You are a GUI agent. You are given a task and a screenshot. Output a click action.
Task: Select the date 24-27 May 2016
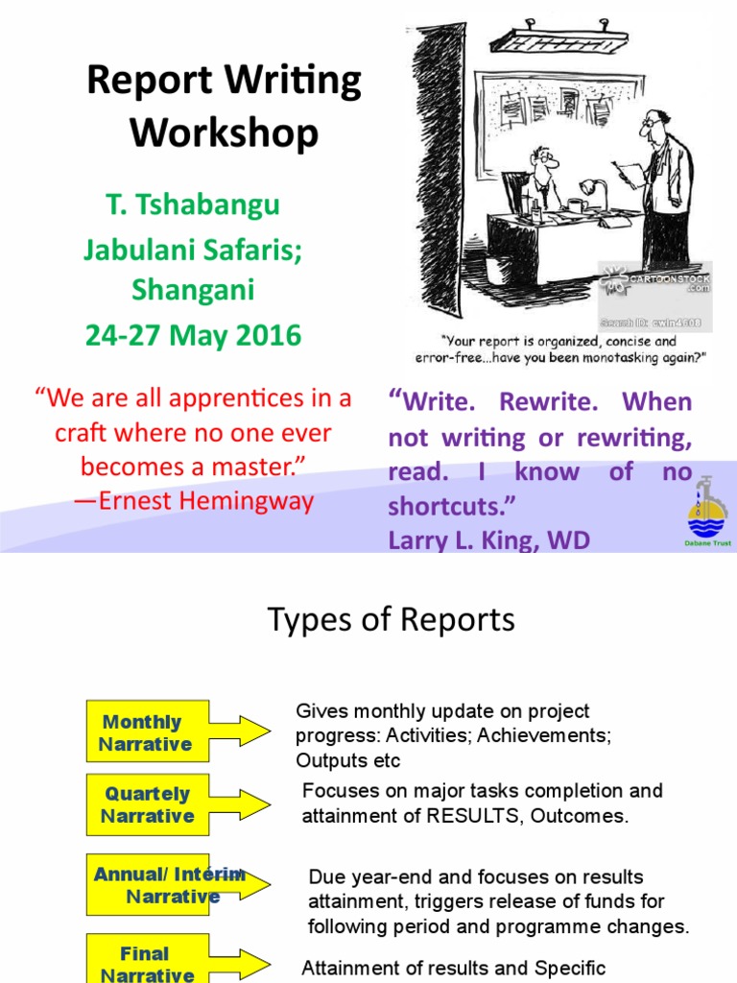click(x=193, y=335)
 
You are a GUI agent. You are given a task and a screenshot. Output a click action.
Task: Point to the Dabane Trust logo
click(x=709, y=515)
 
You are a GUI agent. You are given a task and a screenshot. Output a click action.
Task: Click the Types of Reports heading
click(x=392, y=620)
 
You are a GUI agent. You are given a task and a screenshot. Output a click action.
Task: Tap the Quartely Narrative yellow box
click(x=147, y=804)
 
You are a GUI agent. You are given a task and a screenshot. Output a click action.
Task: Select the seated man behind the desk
click(x=542, y=178)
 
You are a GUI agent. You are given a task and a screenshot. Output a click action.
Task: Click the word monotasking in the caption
click(x=603, y=358)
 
